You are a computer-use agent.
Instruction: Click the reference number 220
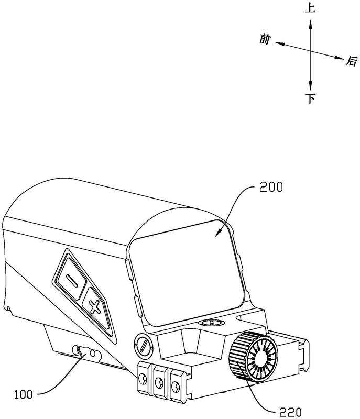coord(283,412)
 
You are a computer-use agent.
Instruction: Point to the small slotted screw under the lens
coord(208,323)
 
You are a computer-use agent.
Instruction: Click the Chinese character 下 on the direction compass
coord(311,99)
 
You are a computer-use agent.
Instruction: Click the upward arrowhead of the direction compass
coord(311,23)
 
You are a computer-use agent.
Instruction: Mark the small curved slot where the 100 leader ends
coord(82,351)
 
